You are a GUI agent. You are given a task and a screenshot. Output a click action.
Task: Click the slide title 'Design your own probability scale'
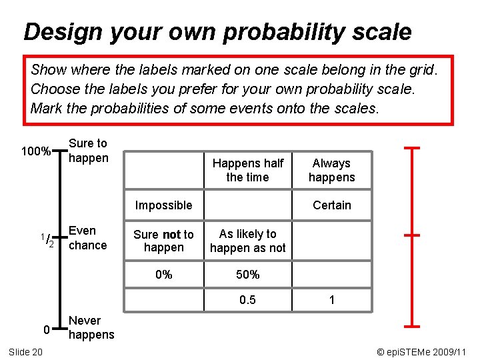click(217, 31)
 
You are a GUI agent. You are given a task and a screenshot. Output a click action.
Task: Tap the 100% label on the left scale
click(36, 151)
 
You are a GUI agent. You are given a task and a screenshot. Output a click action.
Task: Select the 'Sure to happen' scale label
click(88, 150)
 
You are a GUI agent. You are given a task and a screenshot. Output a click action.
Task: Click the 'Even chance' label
click(88, 238)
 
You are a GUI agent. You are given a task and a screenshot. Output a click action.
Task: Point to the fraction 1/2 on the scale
click(46, 240)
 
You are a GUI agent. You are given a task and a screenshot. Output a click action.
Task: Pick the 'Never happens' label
click(91, 328)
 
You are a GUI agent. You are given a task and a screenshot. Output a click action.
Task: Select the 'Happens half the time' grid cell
click(247, 170)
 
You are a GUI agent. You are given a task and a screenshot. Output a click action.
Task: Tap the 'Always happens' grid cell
click(331, 170)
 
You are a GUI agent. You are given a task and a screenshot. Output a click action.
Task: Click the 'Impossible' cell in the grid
click(163, 205)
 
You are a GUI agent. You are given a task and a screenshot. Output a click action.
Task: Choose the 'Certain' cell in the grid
click(331, 205)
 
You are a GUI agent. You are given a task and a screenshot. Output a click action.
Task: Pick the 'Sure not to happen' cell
click(163, 241)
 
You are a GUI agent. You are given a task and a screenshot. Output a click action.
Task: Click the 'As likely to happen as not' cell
click(247, 241)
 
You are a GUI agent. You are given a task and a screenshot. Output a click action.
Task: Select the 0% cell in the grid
click(163, 275)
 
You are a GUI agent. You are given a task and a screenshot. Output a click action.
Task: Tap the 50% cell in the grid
click(247, 275)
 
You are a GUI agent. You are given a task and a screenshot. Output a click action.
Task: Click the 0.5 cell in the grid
click(247, 301)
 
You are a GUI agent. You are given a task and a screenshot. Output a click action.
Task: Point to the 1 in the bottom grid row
click(331, 301)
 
